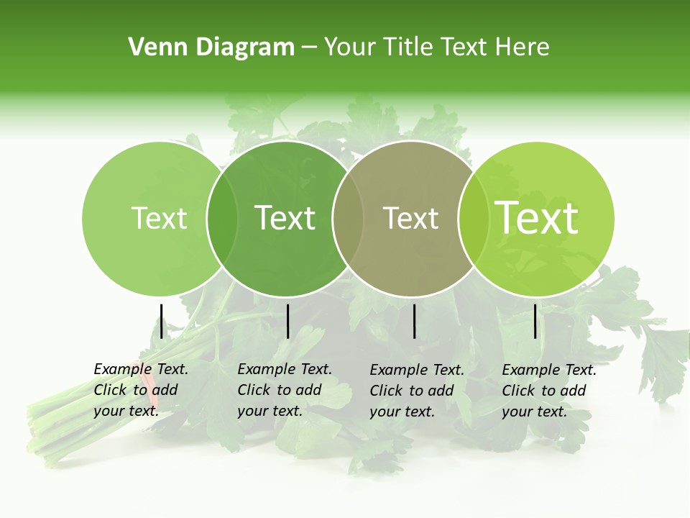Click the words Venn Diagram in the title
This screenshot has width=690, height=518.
pyautogui.click(x=211, y=47)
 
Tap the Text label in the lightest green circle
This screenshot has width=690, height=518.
pyautogui.click(x=159, y=218)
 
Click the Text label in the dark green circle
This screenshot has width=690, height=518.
pyautogui.click(x=285, y=218)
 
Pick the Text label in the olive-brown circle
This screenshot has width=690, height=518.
pyautogui.click(x=410, y=218)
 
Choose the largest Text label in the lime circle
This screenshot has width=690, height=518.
pyautogui.click(x=537, y=217)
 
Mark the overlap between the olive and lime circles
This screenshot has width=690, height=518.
pyautogui.click(x=469, y=218)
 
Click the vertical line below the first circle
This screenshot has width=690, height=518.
pyautogui.click(x=161, y=321)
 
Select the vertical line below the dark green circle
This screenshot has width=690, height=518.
pyautogui.click(x=287, y=321)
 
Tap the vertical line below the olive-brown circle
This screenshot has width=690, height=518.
pyautogui.click(x=414, y=321)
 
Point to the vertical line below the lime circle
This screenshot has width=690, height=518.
pyautogui.click(x=535, y=321)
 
